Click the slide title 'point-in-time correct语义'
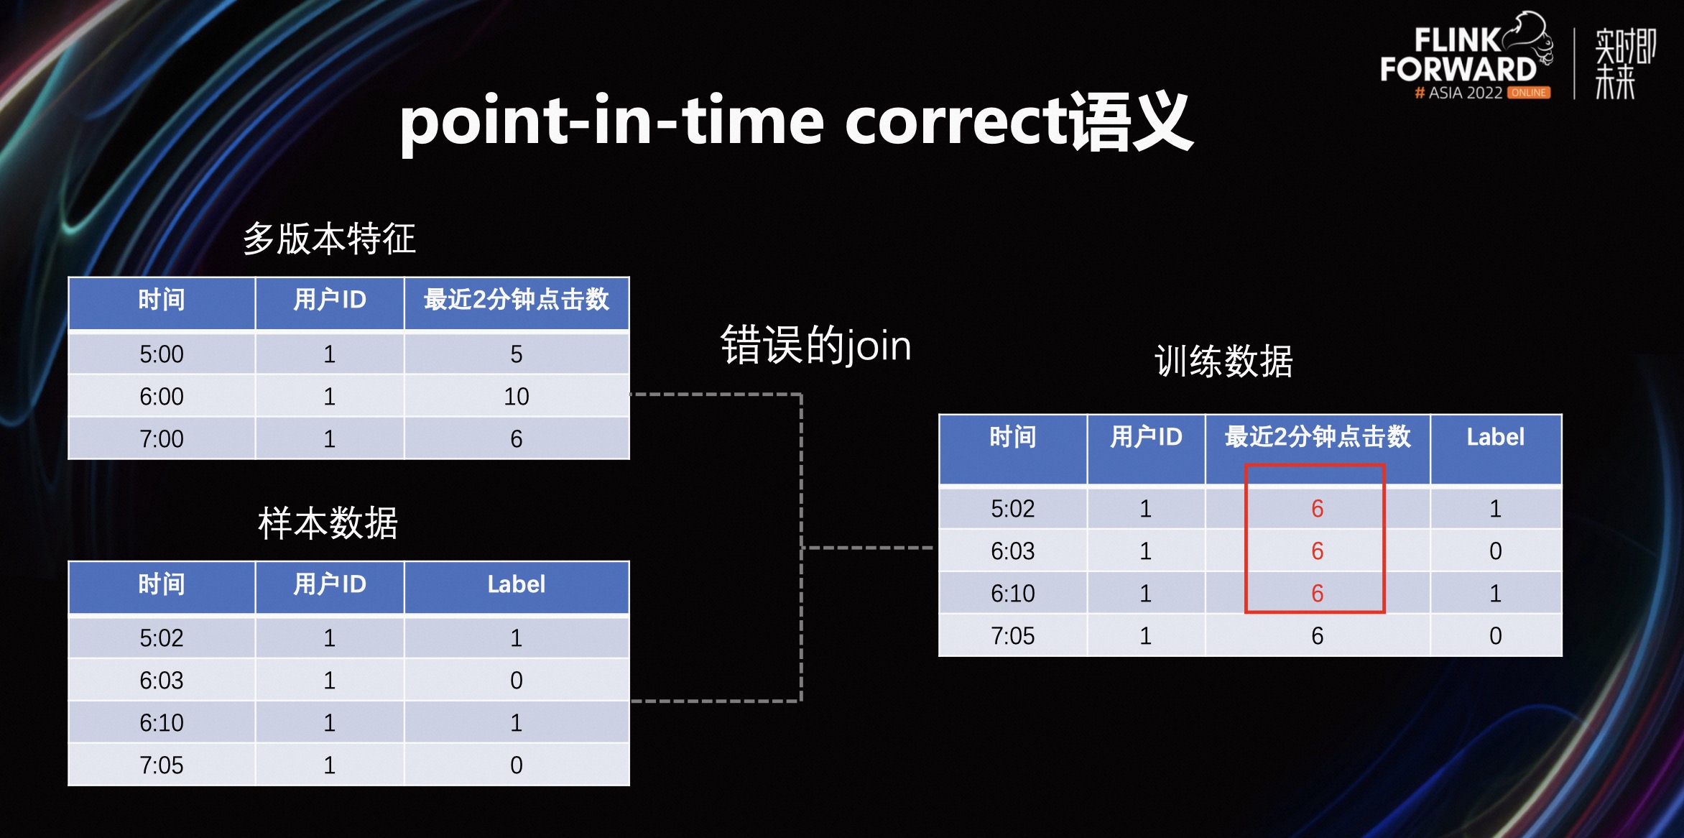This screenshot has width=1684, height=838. point(796,122)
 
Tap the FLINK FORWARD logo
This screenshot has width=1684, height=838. point(1466,56)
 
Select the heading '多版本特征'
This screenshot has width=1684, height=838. point(329,239)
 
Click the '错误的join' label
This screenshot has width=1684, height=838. point(815,346)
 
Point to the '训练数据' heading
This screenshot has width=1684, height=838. point(1223,361)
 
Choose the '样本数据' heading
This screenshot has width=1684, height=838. point(328,522)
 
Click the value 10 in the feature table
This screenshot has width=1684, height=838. point(516,396)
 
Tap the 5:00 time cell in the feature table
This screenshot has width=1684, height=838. point(162,354)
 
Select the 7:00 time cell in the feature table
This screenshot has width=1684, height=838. point(162,438)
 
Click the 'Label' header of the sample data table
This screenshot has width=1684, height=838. point(516,584)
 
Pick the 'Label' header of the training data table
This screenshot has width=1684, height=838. point(1495,437)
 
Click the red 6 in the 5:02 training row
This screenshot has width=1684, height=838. point(1317,508)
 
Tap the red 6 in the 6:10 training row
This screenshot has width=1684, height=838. point(1317,593)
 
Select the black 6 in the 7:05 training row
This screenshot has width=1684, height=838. point(1317,635)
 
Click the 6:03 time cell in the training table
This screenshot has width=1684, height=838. point(1012,551)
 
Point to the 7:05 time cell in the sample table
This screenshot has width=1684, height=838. point(162,765)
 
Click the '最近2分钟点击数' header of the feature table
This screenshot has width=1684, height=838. point(516,300)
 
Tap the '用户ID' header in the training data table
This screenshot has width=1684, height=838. point(1146,437)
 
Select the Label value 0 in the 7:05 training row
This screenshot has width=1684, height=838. point(1495,635)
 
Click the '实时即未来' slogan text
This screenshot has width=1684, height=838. point(1625,63)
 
